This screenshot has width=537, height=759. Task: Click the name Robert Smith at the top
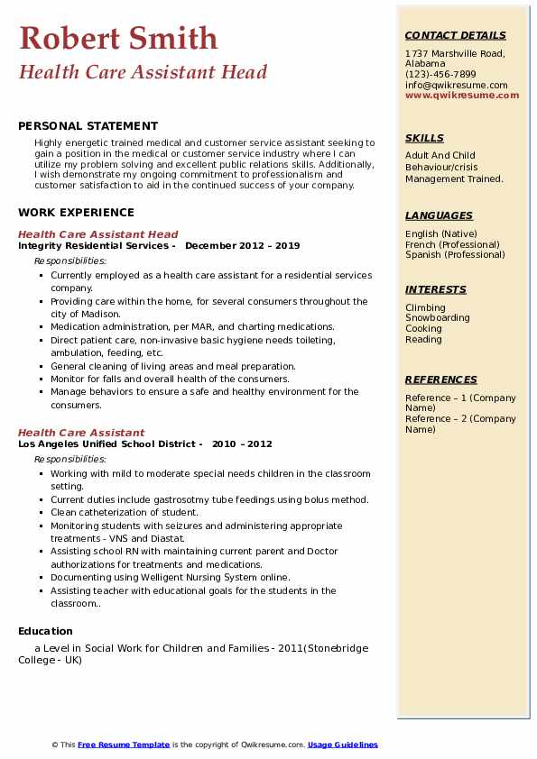[118, 38]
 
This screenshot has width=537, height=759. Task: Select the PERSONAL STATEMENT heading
[88, 126]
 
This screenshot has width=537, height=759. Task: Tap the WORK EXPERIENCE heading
[76, 213]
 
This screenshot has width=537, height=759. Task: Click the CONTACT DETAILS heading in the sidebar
[456, 35]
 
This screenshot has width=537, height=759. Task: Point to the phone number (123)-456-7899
[440, 75]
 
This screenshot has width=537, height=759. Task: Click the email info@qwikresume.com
[456, 85]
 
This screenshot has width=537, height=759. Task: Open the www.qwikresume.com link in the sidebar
[462, 95]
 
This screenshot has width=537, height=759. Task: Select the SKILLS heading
[424, 138]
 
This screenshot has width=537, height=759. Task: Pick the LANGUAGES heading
[439, 215]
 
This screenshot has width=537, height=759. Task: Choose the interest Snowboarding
[437, 318]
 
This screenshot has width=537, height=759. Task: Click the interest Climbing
[425, 307]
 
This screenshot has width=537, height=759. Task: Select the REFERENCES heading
[441, 379]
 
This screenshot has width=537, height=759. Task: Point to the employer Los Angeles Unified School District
[106, 444]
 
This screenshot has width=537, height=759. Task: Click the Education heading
[45, 631]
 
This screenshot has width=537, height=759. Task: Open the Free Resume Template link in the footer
[123, 745]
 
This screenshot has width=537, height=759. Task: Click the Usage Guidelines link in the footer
[343, 745]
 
